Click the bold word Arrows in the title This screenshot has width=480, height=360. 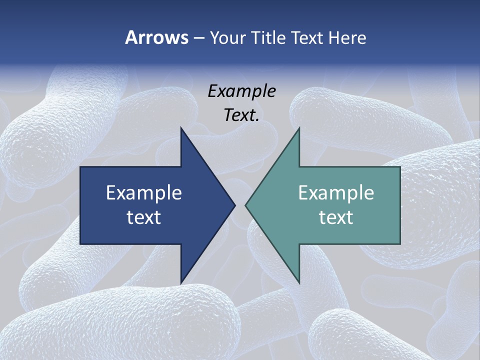point(156,37)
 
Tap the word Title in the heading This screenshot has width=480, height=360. point(269,37)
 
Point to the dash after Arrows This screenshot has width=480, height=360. point(198,38)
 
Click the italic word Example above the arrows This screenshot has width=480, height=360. point(241,91)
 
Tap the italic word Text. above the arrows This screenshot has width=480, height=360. point(241,115)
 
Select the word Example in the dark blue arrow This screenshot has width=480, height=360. point(144,192)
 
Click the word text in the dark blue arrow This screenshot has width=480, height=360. point(144,217)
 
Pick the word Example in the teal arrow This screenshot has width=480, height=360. point(336,192)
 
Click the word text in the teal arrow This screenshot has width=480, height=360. point(336,217)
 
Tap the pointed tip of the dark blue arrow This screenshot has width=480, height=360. point(235,205)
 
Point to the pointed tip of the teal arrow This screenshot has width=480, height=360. point(245,205)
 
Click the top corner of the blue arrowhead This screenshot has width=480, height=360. point(181,127)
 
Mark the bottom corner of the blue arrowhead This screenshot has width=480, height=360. point(181,283)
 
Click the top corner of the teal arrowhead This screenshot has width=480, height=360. point(299,127)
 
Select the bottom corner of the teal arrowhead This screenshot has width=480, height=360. point(299,283)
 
